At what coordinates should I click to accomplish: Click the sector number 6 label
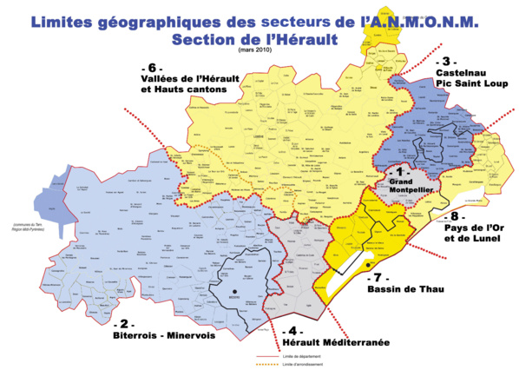click(x=152, y=69)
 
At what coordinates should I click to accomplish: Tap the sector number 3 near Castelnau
click(x=445, y=62)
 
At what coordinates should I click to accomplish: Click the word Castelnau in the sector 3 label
click(x=459, y=76)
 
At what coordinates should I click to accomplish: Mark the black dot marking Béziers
click(x=233, y=291)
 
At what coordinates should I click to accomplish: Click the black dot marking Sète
click(x=368, y=264)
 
